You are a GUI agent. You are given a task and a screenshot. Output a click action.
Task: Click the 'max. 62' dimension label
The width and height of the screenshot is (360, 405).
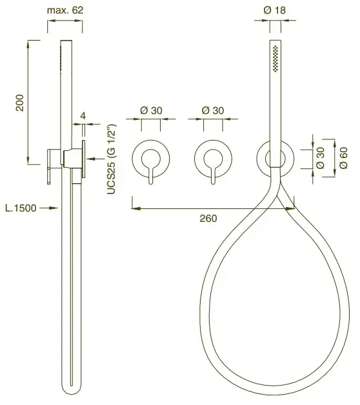coord(65,10)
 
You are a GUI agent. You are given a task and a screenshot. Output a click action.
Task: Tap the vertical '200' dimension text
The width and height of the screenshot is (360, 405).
coord(20,103)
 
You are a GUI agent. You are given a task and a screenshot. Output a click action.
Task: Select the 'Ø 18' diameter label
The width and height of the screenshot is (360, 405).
coord(275,10)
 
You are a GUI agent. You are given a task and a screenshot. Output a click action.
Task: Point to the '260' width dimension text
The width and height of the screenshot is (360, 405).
coord(208,219)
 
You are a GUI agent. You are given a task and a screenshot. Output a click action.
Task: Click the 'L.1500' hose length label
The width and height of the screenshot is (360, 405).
coord(21,208)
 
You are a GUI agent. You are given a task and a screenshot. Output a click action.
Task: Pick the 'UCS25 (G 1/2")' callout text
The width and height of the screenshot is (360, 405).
coord(112,159)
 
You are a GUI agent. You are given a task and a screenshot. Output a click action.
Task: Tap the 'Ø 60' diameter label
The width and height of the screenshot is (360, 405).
coord(343,158)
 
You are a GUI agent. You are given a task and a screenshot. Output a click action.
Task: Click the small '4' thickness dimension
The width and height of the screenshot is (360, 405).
coord(83,115)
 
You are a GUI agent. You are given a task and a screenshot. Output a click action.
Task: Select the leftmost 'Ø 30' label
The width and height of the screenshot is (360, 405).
coord(151,110)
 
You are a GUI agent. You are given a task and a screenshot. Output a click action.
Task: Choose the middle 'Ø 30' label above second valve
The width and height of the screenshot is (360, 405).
coord(213,110)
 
